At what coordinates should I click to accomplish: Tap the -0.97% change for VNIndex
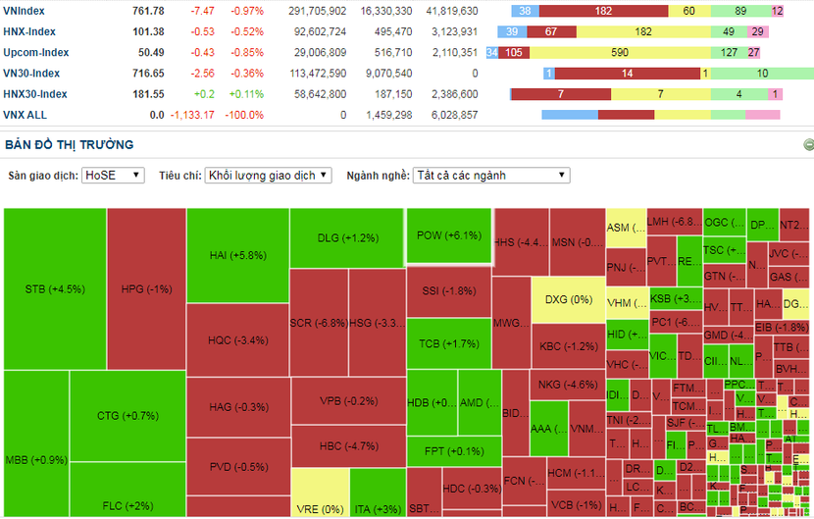point(247,11)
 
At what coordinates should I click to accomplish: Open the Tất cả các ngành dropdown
point(491,175)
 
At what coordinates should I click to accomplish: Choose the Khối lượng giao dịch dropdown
point(269,175)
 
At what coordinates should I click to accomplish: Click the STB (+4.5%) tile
point(55,288)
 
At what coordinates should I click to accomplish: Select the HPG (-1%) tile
point(146,288)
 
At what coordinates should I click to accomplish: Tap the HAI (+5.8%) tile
point(237,255)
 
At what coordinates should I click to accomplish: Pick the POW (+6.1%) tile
point(449,235)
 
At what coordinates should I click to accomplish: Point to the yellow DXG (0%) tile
point(569,299)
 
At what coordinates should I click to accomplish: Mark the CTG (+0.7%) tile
point(127,416)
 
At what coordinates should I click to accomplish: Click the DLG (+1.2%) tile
point(347,237)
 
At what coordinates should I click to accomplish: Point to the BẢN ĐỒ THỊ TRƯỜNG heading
point(69,144)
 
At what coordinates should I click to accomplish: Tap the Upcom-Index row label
point(35,52)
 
